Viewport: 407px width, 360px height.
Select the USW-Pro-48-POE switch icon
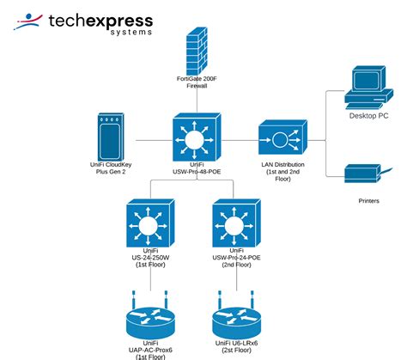click(x=197, y=137)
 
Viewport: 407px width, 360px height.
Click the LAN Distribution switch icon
click(x=283, y=137)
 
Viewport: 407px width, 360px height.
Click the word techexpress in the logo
click(x=100, y=20)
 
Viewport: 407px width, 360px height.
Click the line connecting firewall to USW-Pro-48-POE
click(x=196, y=101)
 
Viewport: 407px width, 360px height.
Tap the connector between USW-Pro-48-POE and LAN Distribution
click(x=240, y=137)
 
